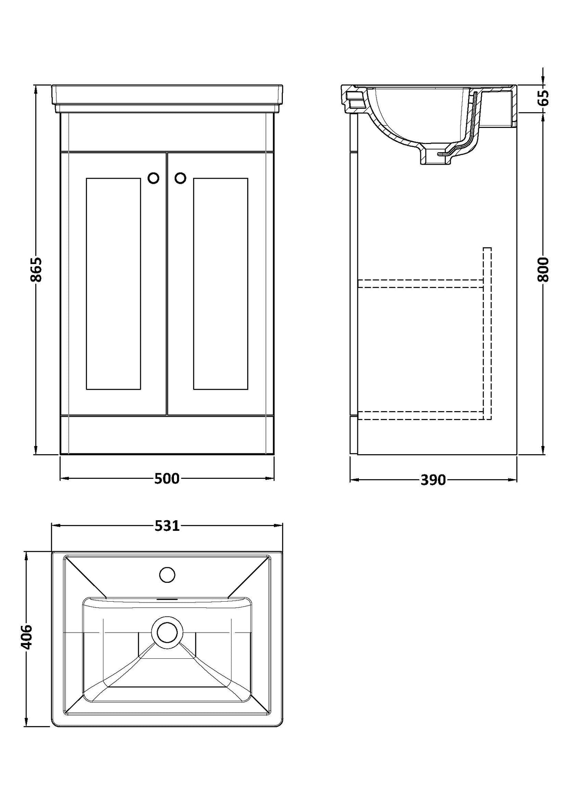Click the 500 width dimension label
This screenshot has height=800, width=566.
(x=167, y=478)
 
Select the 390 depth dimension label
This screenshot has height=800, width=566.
(x=433, y=479)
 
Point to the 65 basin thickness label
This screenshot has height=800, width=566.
(x=543, y=98)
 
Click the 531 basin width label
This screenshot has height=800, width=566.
(x=167, y=526)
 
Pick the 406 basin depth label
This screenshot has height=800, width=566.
(x=26, y=637)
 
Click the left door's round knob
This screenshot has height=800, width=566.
(x=154, y=178)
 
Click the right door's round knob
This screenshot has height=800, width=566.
(x=180, y=178)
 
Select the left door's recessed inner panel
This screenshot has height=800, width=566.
(x=113, y=284)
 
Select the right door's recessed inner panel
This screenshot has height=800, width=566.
(x=221, y=284)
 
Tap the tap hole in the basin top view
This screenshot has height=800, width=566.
(x=167, y=575)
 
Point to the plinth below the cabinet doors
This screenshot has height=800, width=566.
(x=167, y=435)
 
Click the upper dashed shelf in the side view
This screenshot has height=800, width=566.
(x=419, y=284)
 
